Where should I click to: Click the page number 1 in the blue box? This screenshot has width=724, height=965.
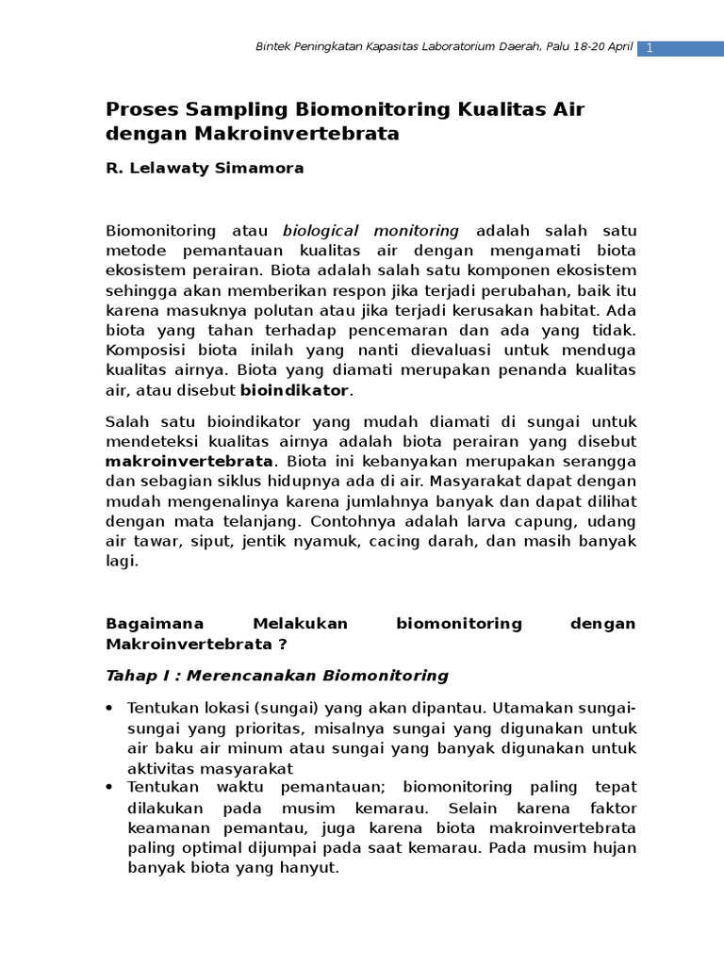pyautogui.click(x=650, y=47)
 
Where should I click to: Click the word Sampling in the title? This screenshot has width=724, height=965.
pyautogui.click(x=237, y=109)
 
